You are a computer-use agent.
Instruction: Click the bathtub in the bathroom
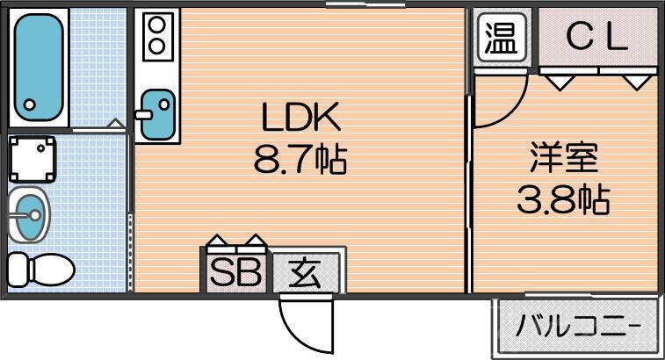tap(39, 67)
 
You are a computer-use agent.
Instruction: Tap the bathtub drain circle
tap(29, 104)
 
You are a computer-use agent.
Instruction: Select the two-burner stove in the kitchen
tap(157, 36)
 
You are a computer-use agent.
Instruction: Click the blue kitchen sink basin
tap(158, 114)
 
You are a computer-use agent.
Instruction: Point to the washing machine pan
tap(33, 159)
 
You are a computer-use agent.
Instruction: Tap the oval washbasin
tap(28, 214)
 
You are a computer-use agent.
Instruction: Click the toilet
tap(41, 270)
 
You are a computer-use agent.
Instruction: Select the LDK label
tap(301, 117)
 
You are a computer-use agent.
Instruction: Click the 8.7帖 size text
tap(300, 160)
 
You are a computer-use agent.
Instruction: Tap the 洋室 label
tap(564, 158)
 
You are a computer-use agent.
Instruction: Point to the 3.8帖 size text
tap(564, 198)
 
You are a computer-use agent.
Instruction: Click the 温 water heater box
tap(502, 37)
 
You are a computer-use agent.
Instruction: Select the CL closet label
tap(596, 37)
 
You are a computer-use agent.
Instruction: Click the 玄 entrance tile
tap(305, 273)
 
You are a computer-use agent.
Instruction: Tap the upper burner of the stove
tap(157, 25)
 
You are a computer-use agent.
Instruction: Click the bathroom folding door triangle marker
tap(115, 124)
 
